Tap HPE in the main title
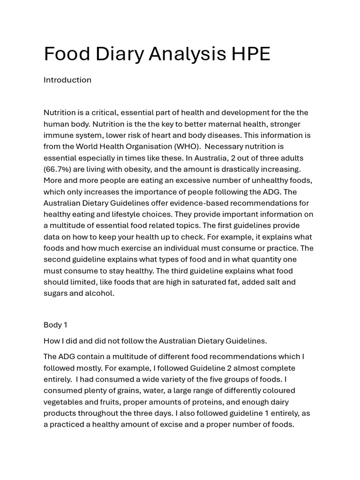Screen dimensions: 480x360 tap(251, 54)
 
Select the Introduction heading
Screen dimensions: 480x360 tap(67, 80)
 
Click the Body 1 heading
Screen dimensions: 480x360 tap(55, 325)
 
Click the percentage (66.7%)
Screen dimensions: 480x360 tap(58, 169)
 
